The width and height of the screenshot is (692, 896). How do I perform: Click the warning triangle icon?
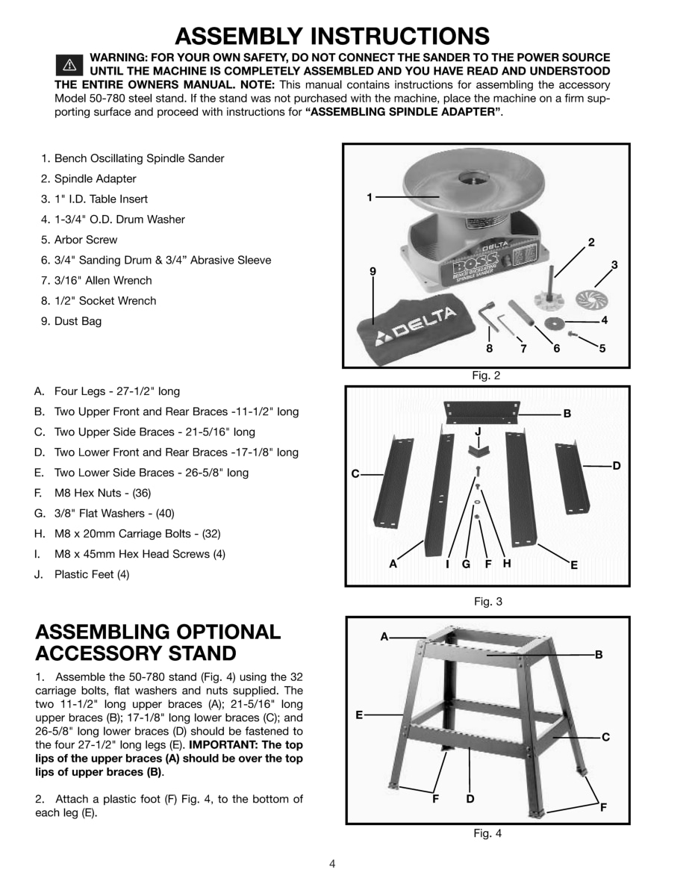coord(67,64)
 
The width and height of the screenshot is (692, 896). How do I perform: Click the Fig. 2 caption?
coord(486,376)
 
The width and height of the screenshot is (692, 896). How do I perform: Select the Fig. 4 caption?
coord(487,834)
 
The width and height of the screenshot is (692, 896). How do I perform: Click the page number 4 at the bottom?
coord(332,865)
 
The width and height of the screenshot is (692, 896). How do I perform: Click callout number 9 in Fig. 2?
coord(373,271)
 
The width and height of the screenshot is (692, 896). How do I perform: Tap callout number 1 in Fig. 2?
coord(370,197)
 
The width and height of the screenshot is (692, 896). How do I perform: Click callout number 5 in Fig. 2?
coord(602,348)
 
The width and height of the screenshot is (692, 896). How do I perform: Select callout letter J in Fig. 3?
coord(478,432)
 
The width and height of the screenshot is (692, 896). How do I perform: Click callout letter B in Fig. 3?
coord(567,413)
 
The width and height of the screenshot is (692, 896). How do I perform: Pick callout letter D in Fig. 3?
coord(616,466)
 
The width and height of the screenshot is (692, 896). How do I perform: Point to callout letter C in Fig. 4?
coord(605,737)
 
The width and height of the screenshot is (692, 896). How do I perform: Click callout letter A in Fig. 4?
coord(384,637)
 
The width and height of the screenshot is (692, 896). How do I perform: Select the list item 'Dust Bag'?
coord(78,321)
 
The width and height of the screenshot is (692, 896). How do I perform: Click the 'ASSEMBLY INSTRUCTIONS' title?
coord(331,35)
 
